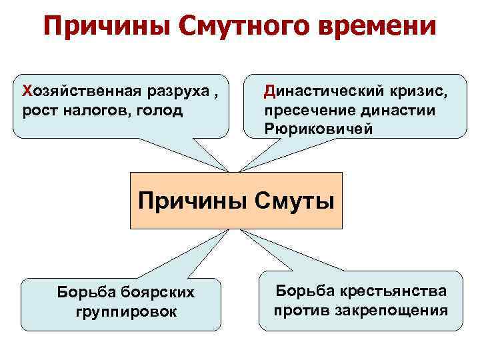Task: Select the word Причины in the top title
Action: [97, 27]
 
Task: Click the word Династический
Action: [319, 91]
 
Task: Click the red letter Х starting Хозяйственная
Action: [27, 91]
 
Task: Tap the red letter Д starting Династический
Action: [269, 91]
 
